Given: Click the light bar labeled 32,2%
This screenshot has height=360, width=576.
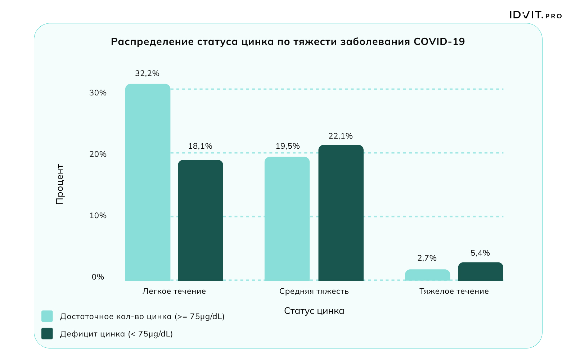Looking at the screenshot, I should click(x=148, y=182).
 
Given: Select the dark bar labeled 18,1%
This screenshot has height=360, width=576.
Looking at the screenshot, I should click(x=201, y=220).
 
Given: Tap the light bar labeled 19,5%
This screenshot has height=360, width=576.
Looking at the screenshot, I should click(x=287, y=219).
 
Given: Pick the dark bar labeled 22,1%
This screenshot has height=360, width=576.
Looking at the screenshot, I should click(x=341, y=213).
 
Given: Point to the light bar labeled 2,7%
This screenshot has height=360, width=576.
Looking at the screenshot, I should click(x=427, y=275).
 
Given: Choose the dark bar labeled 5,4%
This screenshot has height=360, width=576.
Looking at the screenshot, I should click(x=481, y=271).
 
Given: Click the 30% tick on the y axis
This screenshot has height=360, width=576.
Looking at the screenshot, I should click(x=98, y=93).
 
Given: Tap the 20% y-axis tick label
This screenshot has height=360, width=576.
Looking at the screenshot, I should click(x=98, y=154).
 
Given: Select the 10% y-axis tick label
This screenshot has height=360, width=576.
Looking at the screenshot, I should click(x=98, y=216).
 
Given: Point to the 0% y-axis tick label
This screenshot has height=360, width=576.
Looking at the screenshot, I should click(x=98, y=277).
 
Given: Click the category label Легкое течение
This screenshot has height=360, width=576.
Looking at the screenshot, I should click(x=174, y=291).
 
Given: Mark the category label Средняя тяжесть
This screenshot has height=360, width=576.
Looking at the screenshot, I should click(x=314, y=291).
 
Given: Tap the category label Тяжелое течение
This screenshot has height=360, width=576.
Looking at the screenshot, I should click(x=454, y=291).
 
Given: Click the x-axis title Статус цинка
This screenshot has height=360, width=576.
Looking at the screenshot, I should click(x=314, y=311).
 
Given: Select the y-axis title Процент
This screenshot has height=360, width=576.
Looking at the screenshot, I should click(x=60, y=184).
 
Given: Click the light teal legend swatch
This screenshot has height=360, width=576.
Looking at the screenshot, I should click(x=47, y=316).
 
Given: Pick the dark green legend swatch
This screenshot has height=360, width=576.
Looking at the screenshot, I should click(x=47, y=333).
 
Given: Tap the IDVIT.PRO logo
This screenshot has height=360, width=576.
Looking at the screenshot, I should click(x=536, y=15).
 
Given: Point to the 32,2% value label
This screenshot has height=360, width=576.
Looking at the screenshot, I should click(x=147, y=73).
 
